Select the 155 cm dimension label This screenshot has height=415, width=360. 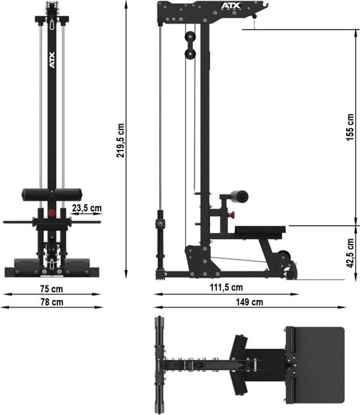point(350,126)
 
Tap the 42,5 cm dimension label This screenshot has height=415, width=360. point(350,254)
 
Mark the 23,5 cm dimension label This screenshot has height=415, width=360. point(86,208)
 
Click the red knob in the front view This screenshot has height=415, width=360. point(52,212)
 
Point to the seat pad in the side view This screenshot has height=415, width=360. point(259,229)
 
